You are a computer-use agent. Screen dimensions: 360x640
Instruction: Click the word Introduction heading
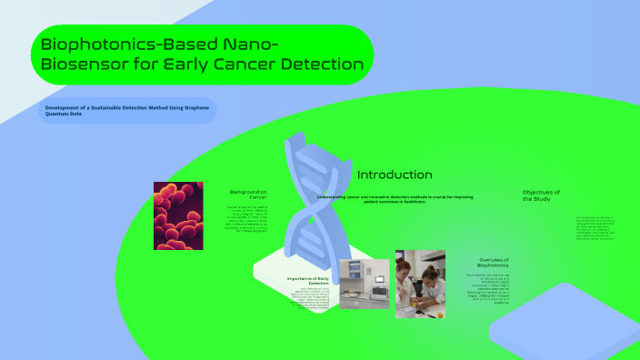coord(394,175)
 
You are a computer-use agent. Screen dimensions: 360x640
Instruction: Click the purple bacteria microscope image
coord(178,215)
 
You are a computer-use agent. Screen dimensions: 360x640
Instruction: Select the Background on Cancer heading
coord(247,195)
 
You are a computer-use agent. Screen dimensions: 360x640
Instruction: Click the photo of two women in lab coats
coord(420,284)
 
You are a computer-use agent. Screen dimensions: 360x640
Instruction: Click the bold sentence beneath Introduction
coord(394,198)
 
